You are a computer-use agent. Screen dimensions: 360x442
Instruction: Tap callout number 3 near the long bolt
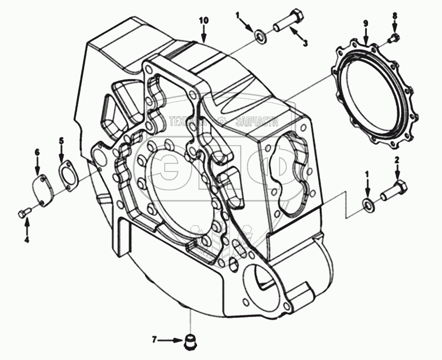306,43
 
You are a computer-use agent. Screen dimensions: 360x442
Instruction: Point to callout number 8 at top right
395,16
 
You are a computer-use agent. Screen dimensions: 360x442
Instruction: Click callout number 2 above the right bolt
397,160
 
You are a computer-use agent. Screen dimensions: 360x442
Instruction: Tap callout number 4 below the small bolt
26,240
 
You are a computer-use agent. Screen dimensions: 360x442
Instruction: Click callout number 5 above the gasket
61,140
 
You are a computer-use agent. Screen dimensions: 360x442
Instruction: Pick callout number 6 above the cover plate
37,152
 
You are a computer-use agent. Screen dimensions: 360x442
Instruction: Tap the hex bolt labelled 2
394,191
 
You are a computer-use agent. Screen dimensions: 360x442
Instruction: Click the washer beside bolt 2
367,204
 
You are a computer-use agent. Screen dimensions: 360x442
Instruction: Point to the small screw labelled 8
393,39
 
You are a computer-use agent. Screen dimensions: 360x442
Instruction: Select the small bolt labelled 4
24,212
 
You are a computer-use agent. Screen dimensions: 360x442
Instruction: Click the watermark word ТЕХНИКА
187,122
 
